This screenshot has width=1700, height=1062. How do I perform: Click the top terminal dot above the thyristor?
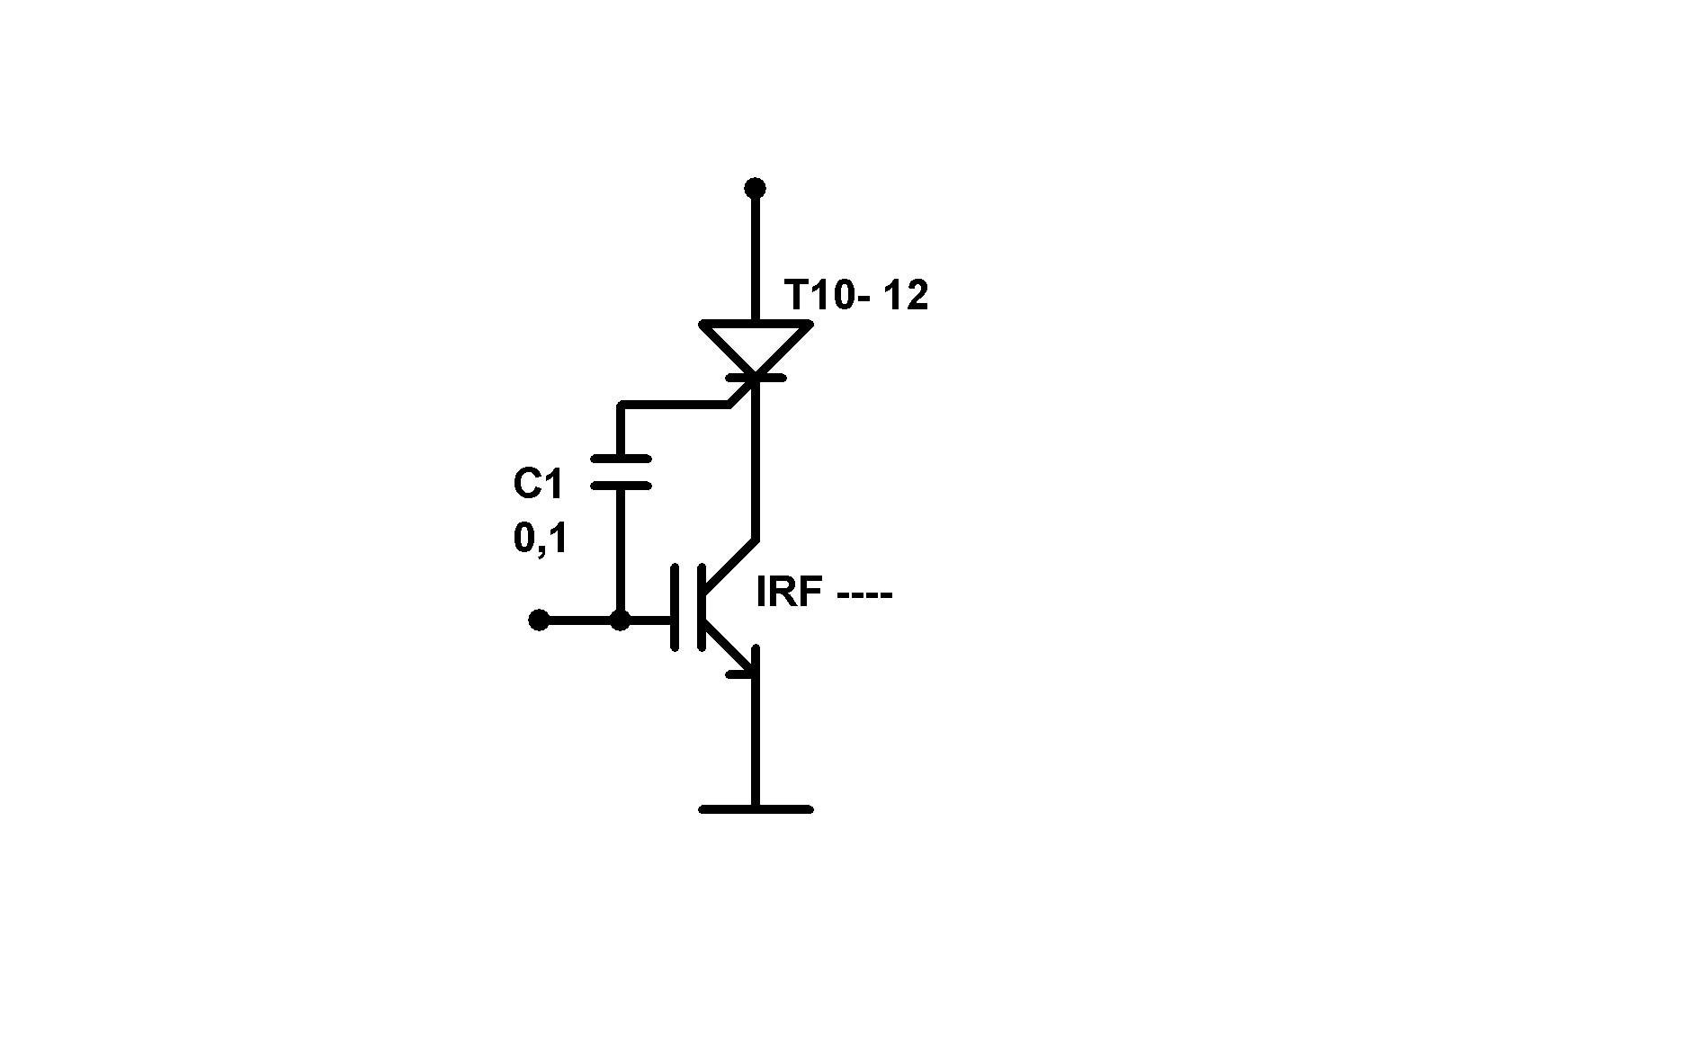pyautogui.click(x=756, y=188)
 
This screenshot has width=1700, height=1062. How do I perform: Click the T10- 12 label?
pyautogui.click(x=855, y=295)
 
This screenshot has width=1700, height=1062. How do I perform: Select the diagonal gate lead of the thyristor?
pyautogui.click(x=741, y=393)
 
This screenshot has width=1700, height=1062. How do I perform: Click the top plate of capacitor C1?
pyautogui.click(x=621, y=460)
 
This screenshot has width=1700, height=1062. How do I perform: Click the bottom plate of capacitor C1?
pyautogui.click(x=621, y=486)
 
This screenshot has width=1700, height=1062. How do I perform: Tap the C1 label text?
pyautogui.click(x=538, y=485)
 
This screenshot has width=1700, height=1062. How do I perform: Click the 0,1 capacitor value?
pyautogui.click(x=540, y=539)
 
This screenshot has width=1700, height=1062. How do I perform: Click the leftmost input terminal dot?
pyautogui.click(x=538, y=620)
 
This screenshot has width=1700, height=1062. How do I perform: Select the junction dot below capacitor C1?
pyautogui.click(x=620, y=620)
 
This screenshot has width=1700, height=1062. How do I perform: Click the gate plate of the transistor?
pyautogui.click(x=675, y=607)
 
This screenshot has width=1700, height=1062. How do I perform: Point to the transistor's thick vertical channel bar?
pyautogui.click(x=701, y=607)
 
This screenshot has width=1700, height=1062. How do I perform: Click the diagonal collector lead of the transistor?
pyautogui.click(x=730, y=565)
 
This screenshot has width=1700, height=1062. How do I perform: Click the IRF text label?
pyautogui.click(x=791, y=593)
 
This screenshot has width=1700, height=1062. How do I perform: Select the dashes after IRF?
pyautogui.click(x=863, y=596)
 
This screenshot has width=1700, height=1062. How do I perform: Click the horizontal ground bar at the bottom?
pyautogui.click(x=756, y=809)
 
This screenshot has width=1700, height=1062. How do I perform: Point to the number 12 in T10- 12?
pyautogui.click(x=905, y=295)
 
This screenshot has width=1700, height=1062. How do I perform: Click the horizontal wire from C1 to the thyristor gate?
pyautogui.click(x=675, y=406)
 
